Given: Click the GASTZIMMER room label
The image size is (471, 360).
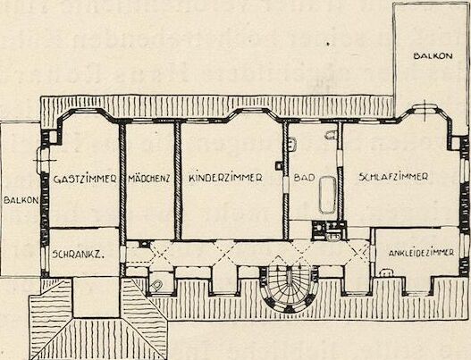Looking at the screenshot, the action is pos(85,179).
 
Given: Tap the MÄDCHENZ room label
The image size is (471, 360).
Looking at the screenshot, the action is pos(149,179).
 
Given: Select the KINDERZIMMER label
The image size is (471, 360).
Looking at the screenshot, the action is pos(225,178).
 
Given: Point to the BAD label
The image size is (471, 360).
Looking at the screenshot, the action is pos(304,178).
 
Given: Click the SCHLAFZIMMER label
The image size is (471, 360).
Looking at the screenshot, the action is pos(393,177).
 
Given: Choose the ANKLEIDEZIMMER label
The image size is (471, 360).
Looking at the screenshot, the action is pos(421,253).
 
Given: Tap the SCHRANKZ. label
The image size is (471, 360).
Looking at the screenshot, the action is pos(78,255).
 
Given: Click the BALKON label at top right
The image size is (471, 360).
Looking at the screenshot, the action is pos(433,56).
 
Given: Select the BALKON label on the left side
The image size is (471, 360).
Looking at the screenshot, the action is pos(21,200).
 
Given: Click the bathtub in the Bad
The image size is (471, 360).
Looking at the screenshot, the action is pos(327,195).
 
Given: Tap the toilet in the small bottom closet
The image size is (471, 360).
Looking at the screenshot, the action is pos(156,285).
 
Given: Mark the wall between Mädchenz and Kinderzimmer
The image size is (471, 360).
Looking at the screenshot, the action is pos(178,181).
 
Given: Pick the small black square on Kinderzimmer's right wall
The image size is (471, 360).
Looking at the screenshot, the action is pos(279,165).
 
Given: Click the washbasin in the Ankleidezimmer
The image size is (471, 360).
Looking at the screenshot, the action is pos(386,272).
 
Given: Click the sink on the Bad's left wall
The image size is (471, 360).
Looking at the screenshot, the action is pos(291,144).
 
